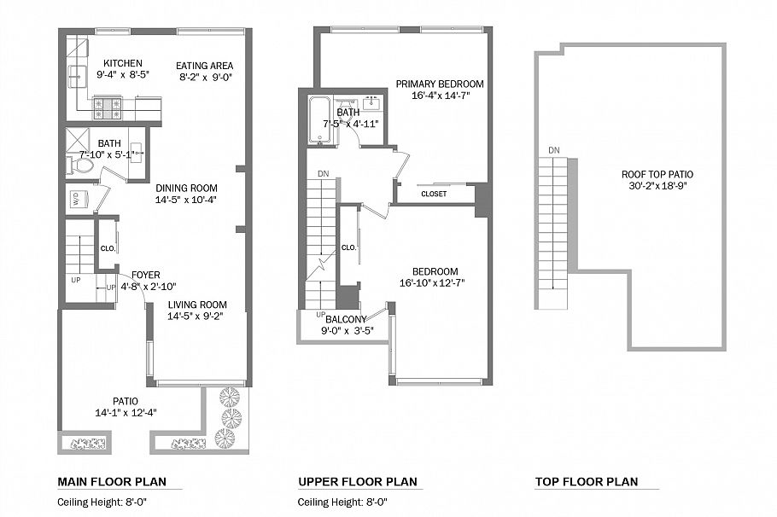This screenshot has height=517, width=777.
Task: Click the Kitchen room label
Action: point(122,63)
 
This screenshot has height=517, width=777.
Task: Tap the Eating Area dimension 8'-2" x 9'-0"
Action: point(206,77)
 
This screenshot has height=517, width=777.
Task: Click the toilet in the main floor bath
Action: point(81,166)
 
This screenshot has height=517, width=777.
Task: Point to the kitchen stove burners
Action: point(108,107)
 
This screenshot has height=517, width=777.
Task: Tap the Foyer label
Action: point(145,275)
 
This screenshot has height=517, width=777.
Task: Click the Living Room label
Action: point(196,305)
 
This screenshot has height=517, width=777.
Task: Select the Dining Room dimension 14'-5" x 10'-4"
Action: point(186,200)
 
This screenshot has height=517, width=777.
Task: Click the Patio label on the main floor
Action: point(125,401)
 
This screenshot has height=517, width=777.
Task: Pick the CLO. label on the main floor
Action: point(107,249)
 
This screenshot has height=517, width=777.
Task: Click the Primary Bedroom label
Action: point(439,84)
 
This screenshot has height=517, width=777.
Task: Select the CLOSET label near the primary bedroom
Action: point(434,194)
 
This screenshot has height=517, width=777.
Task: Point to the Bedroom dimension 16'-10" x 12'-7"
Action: point(431,283)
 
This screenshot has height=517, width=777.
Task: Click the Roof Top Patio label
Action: point(657,174)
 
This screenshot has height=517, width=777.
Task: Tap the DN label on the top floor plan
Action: point(554,151)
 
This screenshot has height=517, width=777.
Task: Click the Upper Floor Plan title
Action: point(358,482)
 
